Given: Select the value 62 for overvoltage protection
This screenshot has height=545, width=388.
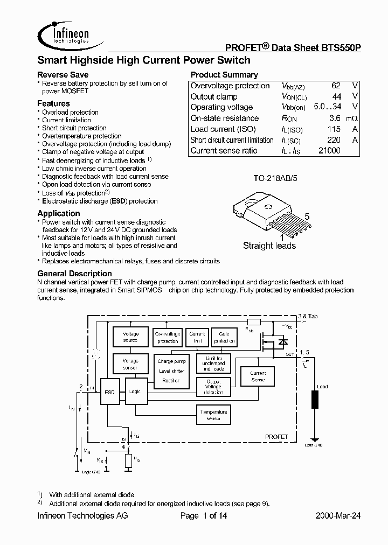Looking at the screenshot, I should pos(335,86).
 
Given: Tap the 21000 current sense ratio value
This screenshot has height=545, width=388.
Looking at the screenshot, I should pos(329,151).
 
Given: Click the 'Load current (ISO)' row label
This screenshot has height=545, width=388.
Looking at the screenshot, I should pos(223,129).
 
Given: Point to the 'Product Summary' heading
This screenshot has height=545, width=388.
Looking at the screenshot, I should pos(224,75).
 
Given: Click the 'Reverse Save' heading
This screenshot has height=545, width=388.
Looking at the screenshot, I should pos(63,74).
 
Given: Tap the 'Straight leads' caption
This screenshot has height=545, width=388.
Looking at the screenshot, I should pos(269,246).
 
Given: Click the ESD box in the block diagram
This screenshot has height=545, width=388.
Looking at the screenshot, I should pos(110,392).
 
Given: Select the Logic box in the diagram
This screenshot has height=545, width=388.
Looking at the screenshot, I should pos(135,392).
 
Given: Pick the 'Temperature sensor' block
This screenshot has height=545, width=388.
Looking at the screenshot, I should pos(214,415).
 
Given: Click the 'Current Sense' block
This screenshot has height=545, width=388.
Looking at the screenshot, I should pos(258,376).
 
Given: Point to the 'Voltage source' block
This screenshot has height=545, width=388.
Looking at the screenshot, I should pos(130,337).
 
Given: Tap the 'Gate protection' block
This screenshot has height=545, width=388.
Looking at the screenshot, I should pos(224,338).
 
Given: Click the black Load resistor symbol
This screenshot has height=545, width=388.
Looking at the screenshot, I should pos(314,401).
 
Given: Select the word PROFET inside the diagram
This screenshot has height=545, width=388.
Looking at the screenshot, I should pos(276,436).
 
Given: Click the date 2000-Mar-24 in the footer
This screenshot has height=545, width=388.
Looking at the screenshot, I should pos(338,515).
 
